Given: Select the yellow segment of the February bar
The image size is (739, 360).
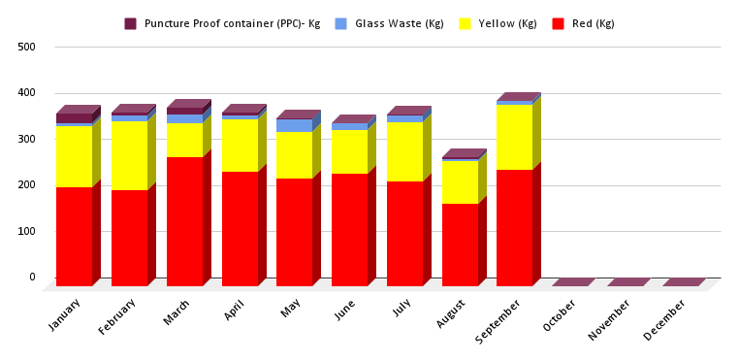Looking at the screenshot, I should [x=130, y=155].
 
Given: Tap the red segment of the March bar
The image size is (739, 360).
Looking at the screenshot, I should [x=185, y=220].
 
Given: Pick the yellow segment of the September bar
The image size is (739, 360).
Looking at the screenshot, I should [x=515, y=137].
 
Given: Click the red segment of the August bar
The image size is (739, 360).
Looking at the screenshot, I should [x=461, y=244].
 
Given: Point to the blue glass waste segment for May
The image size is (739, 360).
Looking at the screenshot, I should [x=295, y=125].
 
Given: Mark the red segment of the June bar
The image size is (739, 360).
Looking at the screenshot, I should [x=350, y=229].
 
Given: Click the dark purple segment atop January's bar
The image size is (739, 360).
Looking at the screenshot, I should [x=75, y=118].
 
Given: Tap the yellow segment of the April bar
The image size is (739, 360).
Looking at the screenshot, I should [x=241, y=146].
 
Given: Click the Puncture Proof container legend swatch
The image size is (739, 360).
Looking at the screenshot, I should [x=131, y=23].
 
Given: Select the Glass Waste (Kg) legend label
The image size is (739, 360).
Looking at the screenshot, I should [x=387, y=23].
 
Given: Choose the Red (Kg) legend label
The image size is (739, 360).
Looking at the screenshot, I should [x=593, y=23].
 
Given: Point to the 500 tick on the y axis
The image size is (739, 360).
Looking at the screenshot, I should [x=26, y=47].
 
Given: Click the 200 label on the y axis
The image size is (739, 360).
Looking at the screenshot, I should [x=26, y=185].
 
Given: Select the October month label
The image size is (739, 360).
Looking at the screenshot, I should [x=561, y=315].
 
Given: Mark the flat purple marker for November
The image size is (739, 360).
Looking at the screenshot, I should [x=628, y=282].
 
